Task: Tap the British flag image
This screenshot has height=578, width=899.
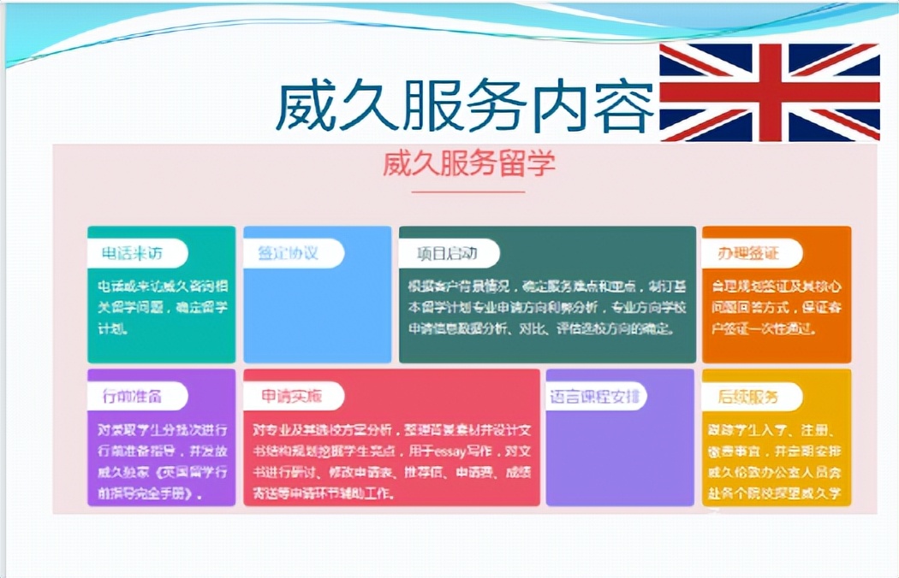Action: pos(769,91)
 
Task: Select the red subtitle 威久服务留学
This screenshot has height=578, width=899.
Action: pos(468,162)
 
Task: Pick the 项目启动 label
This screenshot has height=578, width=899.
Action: pos(446,253)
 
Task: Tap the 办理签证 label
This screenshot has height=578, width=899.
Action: pos(748,253)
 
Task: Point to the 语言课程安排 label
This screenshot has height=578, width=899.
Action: pos(596,396)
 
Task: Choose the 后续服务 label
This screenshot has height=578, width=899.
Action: pos(748,396)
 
